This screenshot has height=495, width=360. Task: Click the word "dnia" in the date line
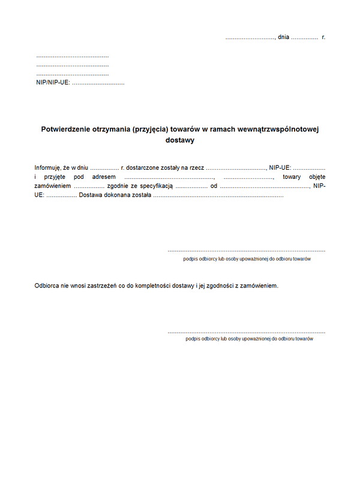tap(283, 37)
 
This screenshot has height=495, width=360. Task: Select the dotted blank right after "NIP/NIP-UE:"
tap(98, 82)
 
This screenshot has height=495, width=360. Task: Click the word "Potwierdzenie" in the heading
tap(65, 128)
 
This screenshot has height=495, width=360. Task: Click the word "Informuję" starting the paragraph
tap(48, 167)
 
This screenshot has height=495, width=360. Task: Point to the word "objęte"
tap(316, 177)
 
